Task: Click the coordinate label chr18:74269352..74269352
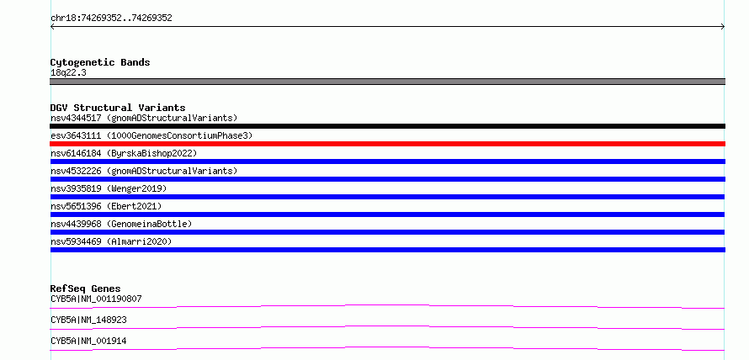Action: coord(111,19)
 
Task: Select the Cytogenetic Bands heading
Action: coord(100,62)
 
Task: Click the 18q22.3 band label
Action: coord(68,73)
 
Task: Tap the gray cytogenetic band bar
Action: coord(387,82)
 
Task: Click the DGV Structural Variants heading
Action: coord(118,108)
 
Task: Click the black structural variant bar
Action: coord(387,126)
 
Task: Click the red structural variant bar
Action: coord(387,144)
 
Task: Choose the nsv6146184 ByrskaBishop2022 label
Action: coord(124,153)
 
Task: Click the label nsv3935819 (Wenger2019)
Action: coord(109,188)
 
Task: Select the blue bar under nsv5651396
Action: coord(387,214)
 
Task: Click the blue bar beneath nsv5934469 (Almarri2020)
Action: coord(387,250)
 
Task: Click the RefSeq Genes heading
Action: coord(85,289)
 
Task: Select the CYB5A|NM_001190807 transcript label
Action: coord(96,299)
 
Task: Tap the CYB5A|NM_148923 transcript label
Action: coord(88,320)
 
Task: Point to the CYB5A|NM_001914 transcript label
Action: coord(88,341)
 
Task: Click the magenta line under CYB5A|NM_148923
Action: coord(387,327)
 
